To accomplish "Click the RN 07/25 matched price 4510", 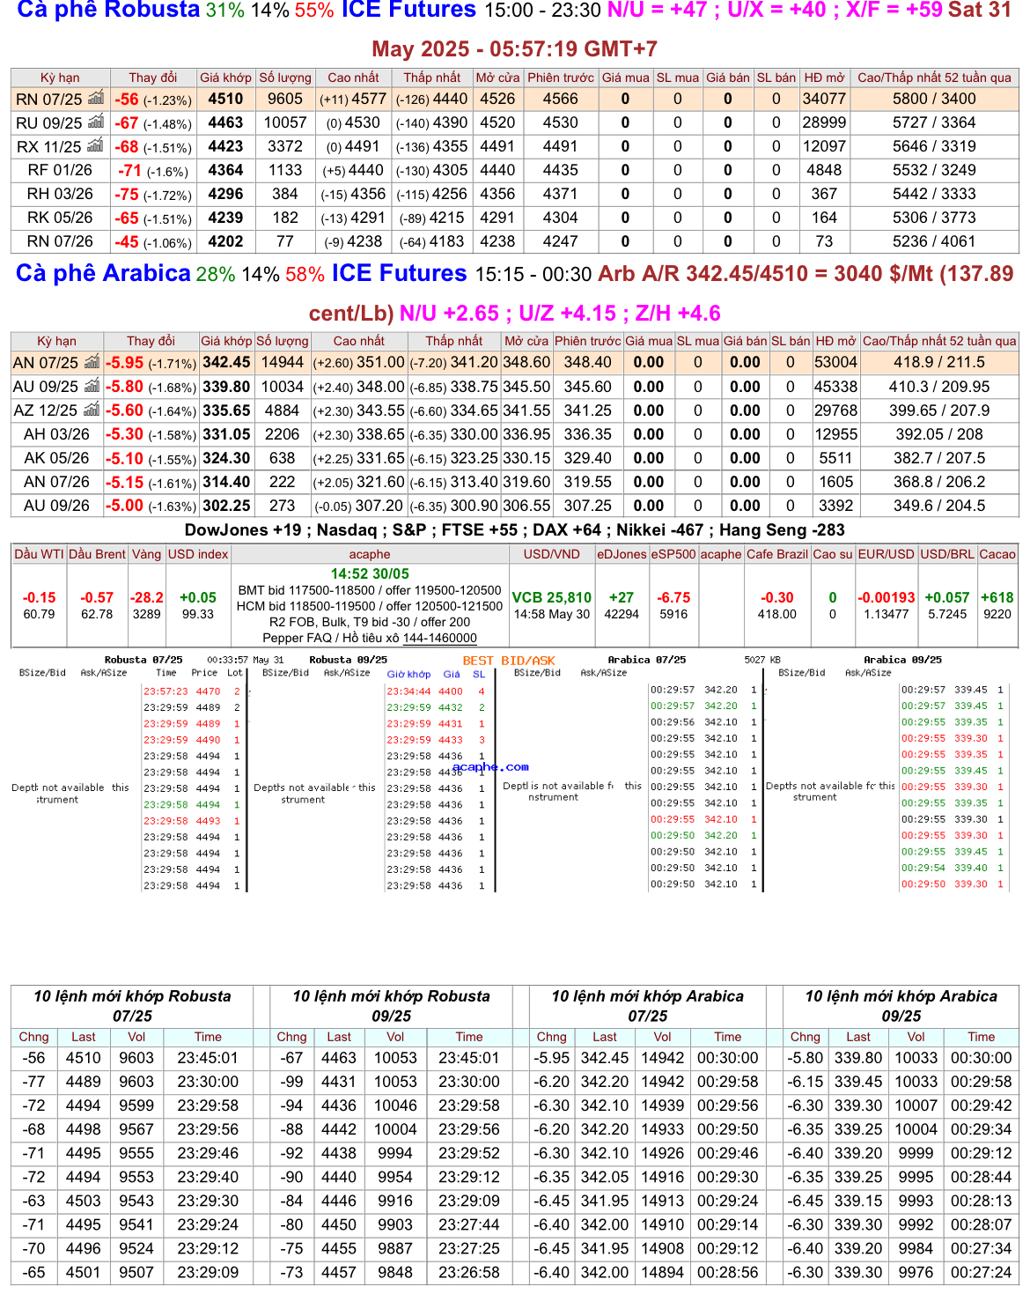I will (225, 100).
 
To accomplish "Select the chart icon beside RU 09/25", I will (95, 122).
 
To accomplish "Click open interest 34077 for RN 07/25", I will (824, 100).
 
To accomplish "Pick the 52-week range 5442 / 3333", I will (934, 195).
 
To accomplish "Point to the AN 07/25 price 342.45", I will (226, 363).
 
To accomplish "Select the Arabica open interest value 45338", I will (835, 387).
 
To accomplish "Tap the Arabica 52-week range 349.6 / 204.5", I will (939, 506).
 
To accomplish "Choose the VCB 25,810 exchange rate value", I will (552, 598).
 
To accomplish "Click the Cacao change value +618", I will (997, 598).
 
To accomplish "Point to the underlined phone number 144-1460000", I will (439, 638).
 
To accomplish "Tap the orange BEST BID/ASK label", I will (509, 661).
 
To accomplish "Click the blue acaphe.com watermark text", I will (491, 767).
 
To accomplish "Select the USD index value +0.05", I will (198, 598).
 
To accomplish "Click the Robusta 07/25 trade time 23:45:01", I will (208, 1058).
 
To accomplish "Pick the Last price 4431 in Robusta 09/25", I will (339, 1082).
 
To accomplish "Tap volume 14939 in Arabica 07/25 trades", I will (663, 1105).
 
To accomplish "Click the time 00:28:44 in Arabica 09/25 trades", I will (982, 1177).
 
